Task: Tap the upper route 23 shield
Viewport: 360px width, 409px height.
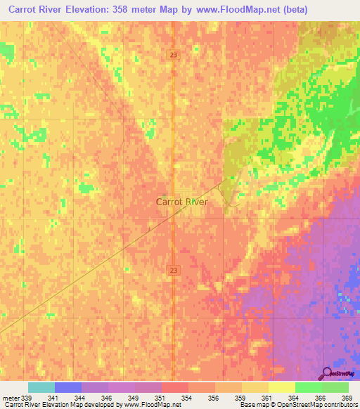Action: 173,54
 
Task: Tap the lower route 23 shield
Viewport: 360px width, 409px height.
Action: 173,269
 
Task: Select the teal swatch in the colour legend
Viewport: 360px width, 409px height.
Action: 41,387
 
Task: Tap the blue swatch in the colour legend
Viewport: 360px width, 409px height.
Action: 68,387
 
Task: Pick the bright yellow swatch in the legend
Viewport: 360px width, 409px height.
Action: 281,387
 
